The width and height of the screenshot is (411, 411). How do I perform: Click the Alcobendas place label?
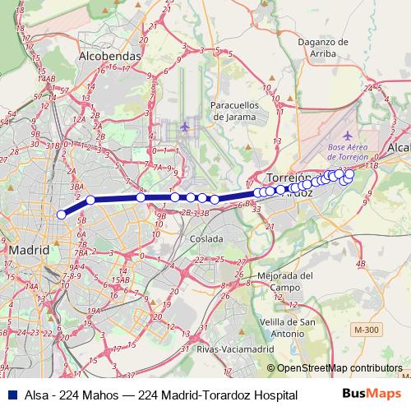[x=110, y=57]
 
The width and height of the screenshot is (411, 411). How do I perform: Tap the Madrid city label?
[x=29, y=249]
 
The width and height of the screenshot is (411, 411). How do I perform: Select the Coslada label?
[x=205, y=238]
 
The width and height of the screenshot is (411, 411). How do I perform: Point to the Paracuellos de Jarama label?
[x=235, y=111]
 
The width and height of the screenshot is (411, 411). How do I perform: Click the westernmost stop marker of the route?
[x=61, y=215]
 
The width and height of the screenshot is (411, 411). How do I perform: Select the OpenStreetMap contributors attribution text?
[x=339, y=369]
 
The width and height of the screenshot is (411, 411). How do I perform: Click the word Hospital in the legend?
[x=273, y=395]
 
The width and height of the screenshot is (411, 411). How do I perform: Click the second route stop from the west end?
[x=90, y=200]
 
